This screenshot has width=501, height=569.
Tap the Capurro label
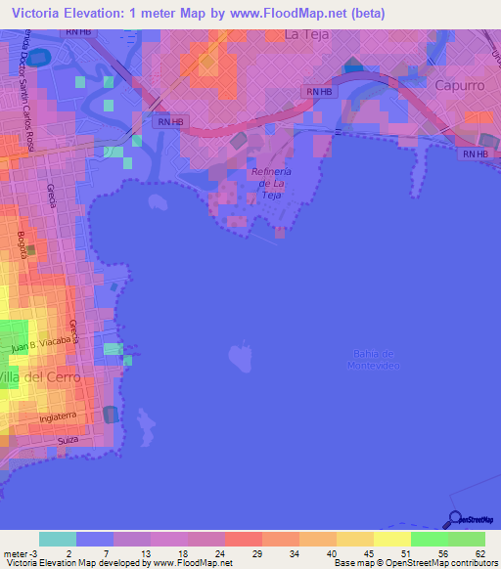click(459, 86)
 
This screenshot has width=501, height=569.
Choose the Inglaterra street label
click(58, 417)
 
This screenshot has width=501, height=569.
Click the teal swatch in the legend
click(58, 539)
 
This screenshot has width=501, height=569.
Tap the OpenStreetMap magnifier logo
click(454, 518)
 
